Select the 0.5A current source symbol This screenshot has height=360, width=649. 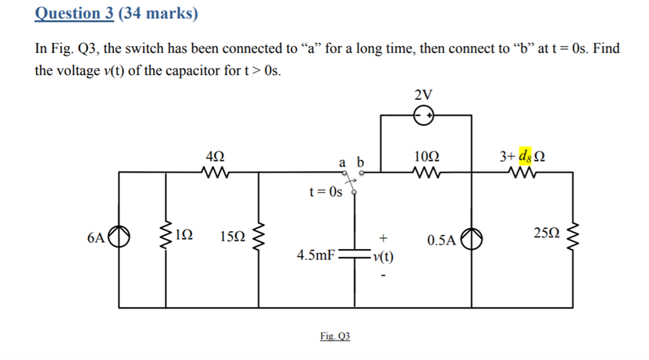click(470, 238)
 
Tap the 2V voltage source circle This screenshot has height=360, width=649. click(425, 117)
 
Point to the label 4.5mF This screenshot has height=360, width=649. click(316, 255)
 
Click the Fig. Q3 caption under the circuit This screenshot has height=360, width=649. click(335, 336)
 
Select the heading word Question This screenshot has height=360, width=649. click(69, 13)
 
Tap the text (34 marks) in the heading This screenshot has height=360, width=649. click(159, 13)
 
